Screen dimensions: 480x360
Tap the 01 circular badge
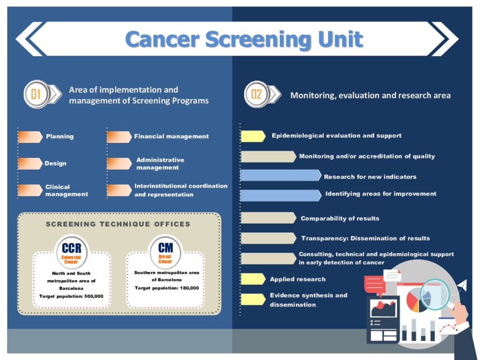tap(37, 94)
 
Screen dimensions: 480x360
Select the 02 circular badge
tap(256, 94)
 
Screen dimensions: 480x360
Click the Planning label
tap(60, 136)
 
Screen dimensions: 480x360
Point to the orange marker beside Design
tap(30, 164)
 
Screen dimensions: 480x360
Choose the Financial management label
tap(172, 136)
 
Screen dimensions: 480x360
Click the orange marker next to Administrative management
tap(120, 164)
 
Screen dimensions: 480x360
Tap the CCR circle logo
tap(72, 252)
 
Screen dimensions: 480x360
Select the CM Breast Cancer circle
tap(165, 252)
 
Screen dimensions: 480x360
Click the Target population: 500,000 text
tap(71, 296)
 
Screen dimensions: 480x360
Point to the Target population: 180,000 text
tap(167, 288)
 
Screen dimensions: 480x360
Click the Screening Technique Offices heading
tap(118, 224)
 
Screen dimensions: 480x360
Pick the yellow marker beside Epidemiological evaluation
tap(253, 136)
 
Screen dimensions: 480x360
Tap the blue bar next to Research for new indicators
tap(281, 175)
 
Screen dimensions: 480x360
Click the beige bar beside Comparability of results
tap(269, 218)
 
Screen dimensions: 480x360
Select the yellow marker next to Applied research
tap(253, 279)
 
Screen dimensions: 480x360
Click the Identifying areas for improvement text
tap(381, 194)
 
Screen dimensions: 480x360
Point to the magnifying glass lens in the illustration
tap(435, 294)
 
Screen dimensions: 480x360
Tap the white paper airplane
tap(462, 285)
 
